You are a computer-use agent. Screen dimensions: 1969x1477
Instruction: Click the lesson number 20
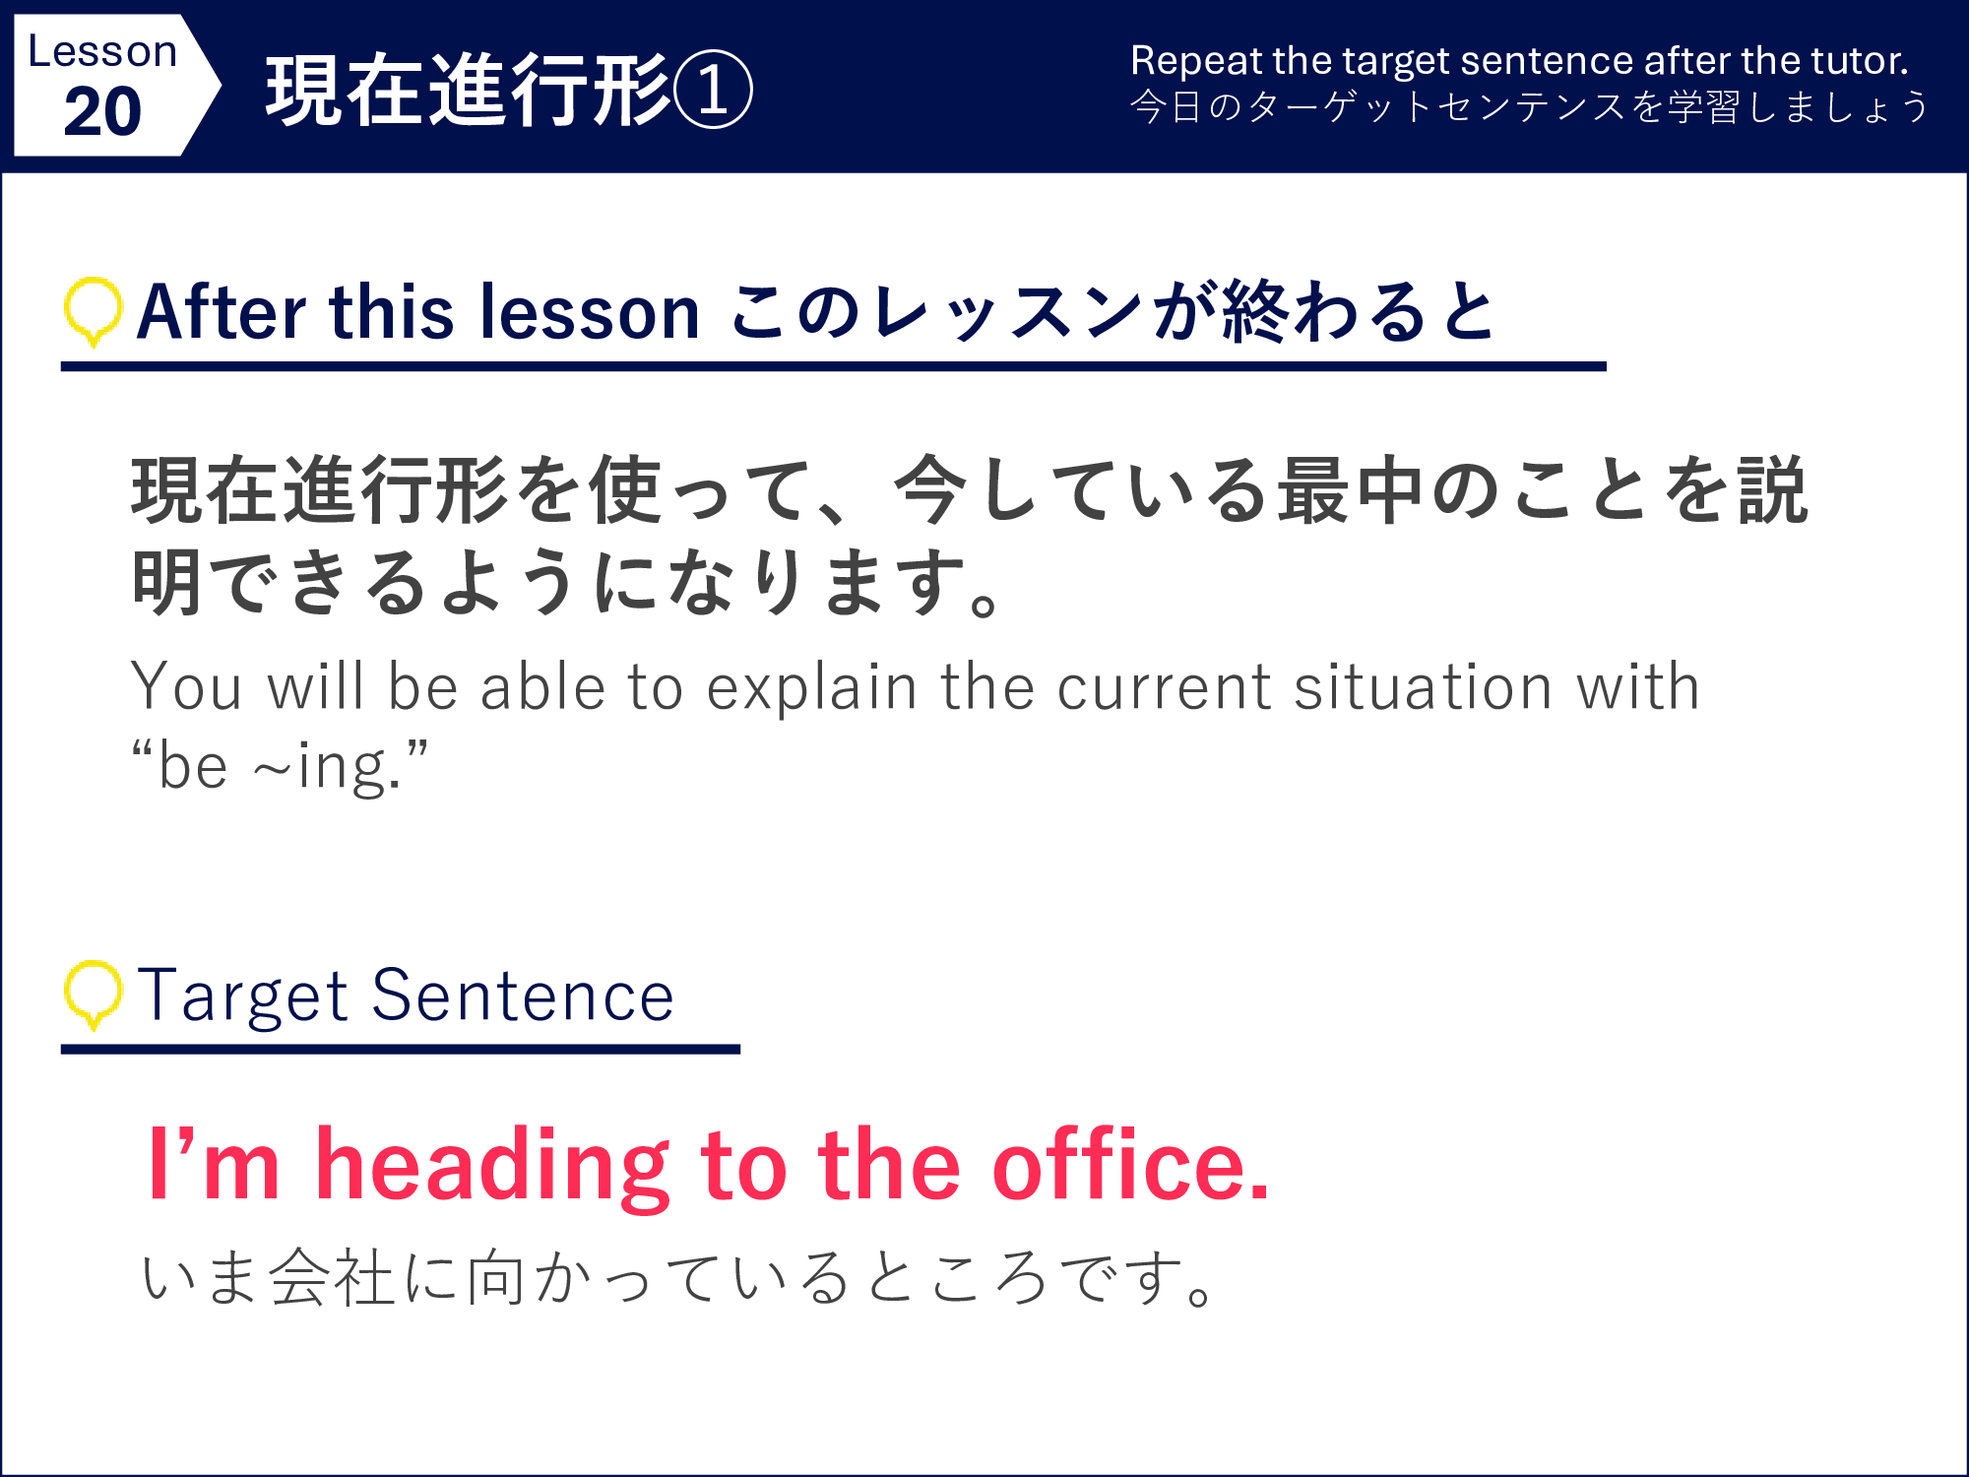pos(102,111)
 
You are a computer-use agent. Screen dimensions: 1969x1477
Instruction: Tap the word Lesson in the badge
pos(102,51)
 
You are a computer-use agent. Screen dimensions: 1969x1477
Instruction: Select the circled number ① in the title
pos(713,90)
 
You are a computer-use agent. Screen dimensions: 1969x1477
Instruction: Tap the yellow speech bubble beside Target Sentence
pos(94,995)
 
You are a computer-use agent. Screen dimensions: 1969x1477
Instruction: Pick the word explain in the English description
pos(812,687)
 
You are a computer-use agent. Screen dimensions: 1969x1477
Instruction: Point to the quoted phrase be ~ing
pos(281,766)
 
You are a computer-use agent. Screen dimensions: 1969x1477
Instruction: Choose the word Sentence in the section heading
pos(523,995)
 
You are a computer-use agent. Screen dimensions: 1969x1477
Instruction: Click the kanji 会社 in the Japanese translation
pos(332,1277)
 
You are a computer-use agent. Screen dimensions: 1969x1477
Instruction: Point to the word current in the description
pos(1165,687)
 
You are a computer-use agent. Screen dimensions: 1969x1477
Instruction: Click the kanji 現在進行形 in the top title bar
pos(469,90)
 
